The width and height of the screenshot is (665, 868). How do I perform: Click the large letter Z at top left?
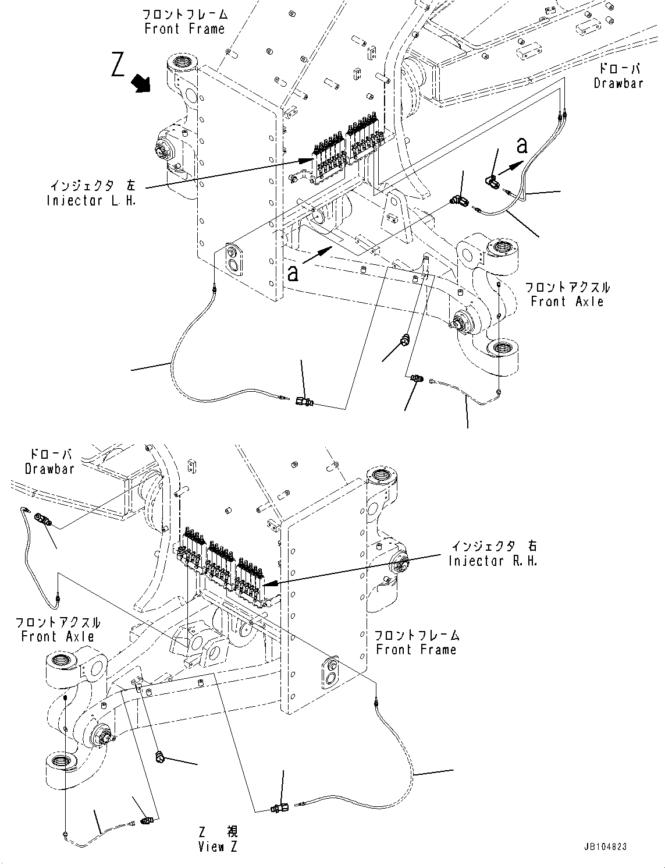[x=118, y=65]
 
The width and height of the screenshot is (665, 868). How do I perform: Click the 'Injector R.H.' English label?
[x=493, y=561]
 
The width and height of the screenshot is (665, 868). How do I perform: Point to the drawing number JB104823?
[x=604, y=848]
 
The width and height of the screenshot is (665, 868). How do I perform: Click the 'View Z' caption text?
[x=217, y=847]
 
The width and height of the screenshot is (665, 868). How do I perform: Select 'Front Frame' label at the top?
[x=184, y=29]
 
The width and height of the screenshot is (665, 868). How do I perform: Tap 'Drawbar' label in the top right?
[x=618, y=83]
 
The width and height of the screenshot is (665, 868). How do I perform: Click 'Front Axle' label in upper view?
[x=567, y=302]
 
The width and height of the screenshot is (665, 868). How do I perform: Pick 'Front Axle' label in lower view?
[x=58, y=636]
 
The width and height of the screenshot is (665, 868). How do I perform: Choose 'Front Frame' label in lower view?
[x=416, y=649]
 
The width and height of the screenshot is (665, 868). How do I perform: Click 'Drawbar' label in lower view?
[x=50, y=469]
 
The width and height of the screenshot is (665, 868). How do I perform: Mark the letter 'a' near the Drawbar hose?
[x=522, y=146]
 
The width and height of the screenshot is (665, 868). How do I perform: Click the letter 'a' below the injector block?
[x=293, y=272]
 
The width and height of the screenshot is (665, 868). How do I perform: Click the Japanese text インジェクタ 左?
[x=92, y=187]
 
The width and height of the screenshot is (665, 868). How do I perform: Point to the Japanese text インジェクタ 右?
[x=494, y=547]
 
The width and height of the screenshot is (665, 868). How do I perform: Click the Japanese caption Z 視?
[x=217, y=832]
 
